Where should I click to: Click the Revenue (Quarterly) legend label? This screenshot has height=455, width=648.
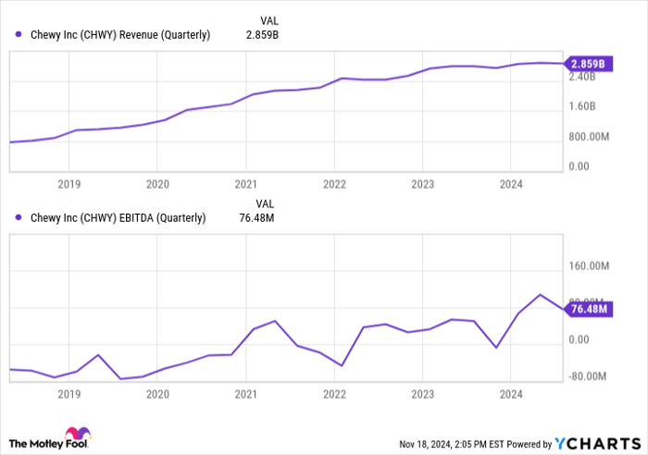[120, 35]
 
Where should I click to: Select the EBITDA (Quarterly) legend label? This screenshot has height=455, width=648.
[118, 218]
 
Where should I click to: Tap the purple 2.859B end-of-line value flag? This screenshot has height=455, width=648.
[587, 64]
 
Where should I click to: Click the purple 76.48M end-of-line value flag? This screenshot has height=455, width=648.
[588, 309]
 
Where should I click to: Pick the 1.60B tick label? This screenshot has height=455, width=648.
[588, 107]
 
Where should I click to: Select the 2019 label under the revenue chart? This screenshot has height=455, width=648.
[69, 184]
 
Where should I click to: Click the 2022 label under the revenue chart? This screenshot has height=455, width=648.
[334, 184]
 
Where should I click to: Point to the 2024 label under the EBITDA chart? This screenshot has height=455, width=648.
[510, 394]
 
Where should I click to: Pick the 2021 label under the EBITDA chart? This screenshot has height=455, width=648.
[245, 394]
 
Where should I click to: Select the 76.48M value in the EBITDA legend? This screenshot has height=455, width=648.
[258, 218]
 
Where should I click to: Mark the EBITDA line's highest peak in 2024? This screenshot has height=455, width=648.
[541, 295]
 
